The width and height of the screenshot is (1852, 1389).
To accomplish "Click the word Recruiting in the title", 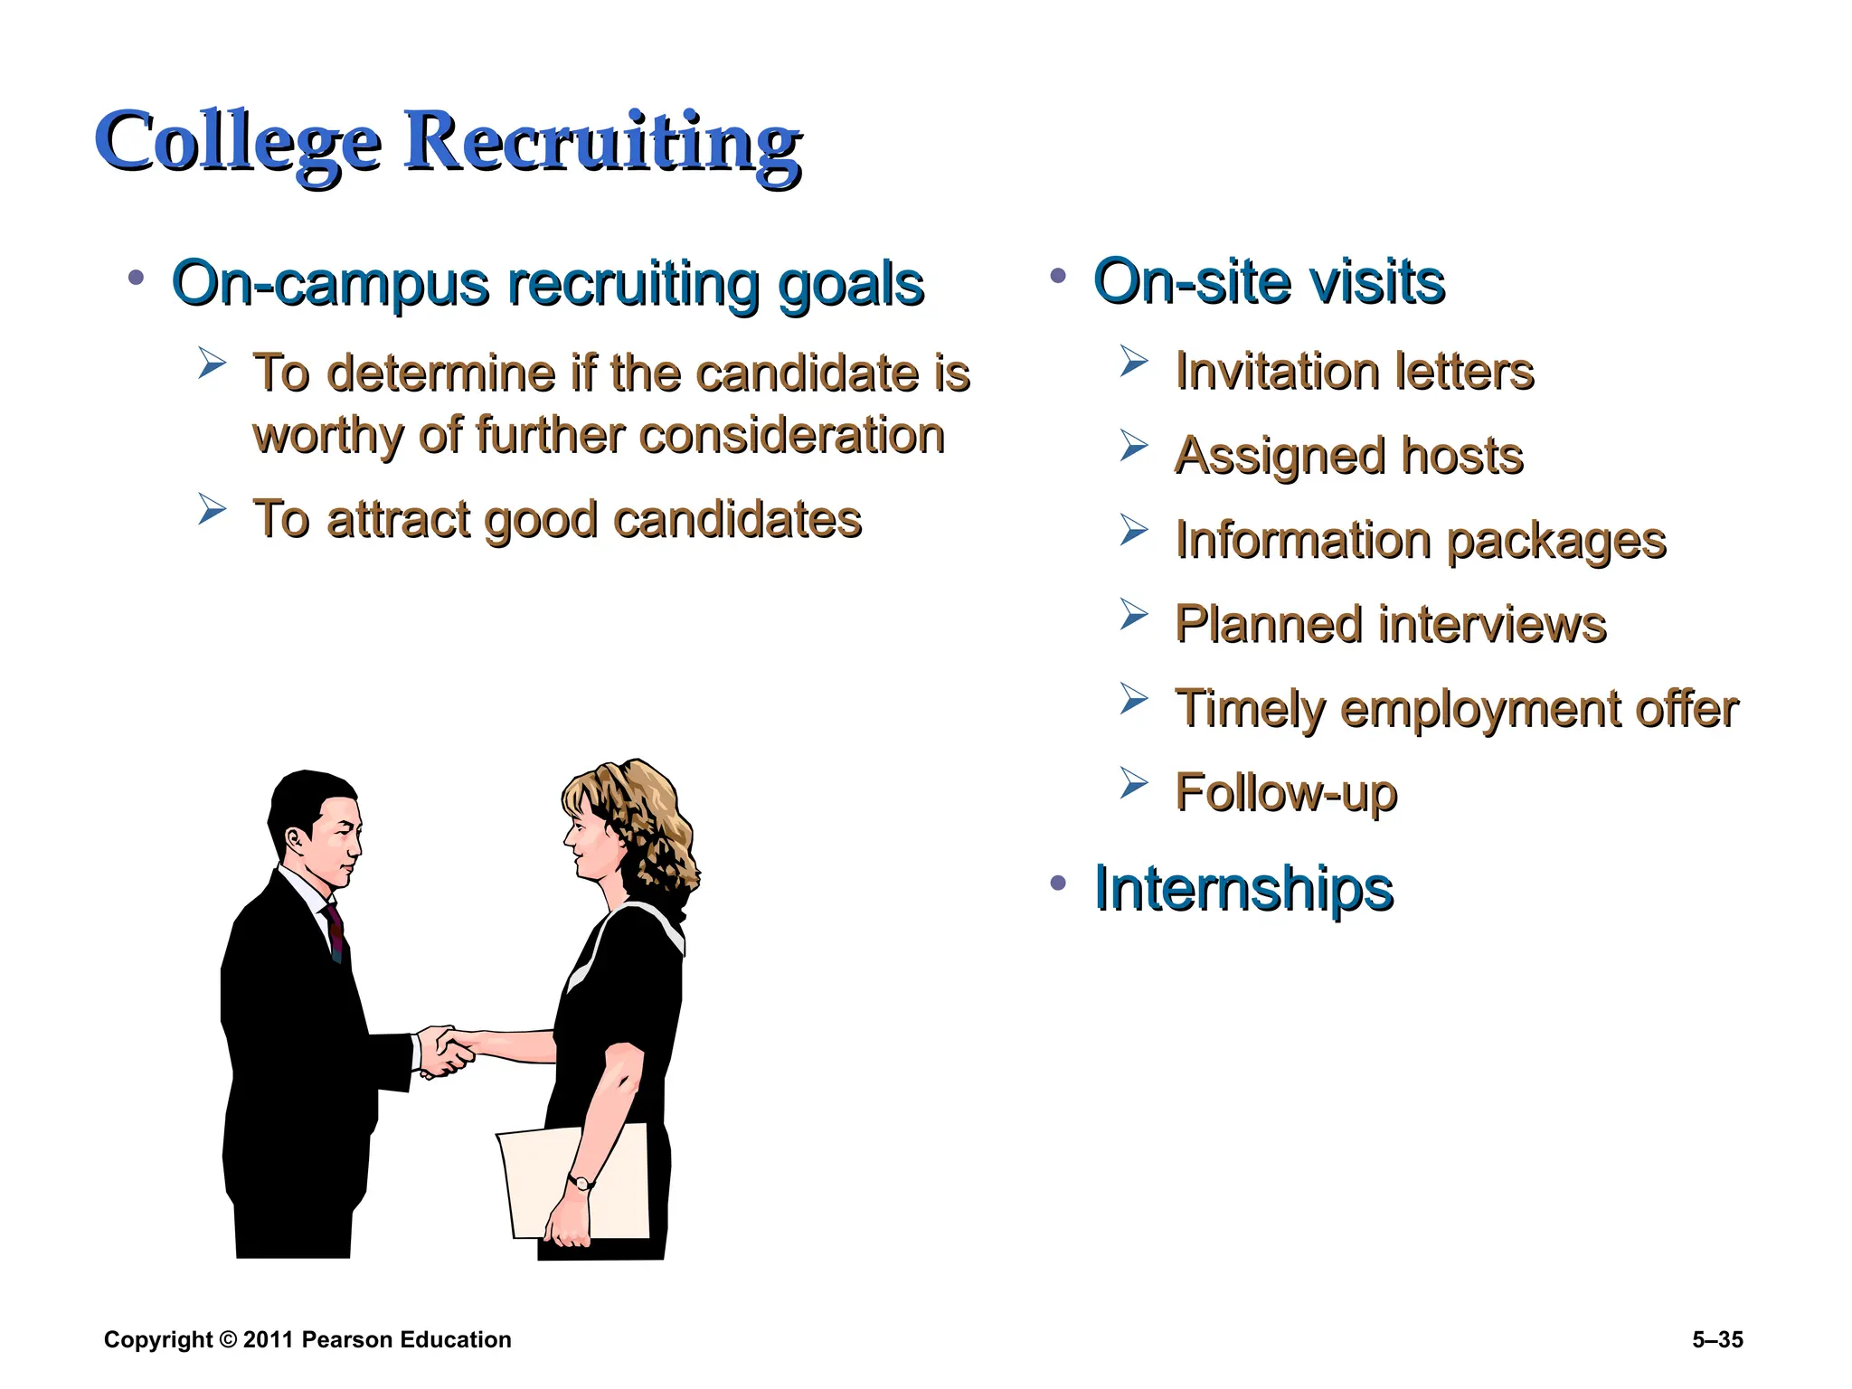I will (x=601, y=142).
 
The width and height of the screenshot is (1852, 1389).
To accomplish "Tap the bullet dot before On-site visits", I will (x=1058, y=276).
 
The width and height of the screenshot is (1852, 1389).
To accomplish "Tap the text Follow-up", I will (x=1286, y=792).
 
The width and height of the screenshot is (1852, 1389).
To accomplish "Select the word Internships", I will (x=1243, y=888).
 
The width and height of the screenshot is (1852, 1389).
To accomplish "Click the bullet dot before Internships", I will (x=1058, y=883).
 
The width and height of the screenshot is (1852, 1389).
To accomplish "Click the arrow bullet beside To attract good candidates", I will (x=212, y=509).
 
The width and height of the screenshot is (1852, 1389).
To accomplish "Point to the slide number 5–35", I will (x=1717, y=1340).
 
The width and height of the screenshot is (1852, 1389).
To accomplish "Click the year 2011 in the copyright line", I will (x=269, y=1340).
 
